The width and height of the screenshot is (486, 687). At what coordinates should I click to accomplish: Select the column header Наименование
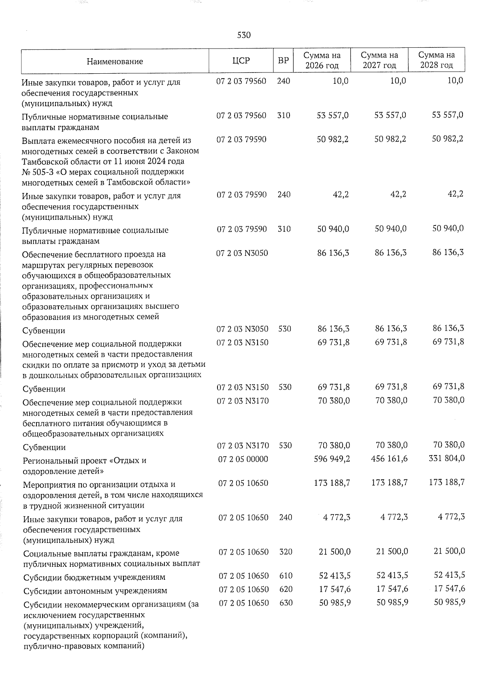click(115, 62)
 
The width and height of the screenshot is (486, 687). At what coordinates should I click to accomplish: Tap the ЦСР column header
click(241, 61)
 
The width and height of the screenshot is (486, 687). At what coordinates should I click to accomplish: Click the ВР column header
click(283, 61)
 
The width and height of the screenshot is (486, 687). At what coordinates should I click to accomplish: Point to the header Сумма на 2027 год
click(379, 60)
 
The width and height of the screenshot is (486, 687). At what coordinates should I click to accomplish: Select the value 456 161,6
click(390, 459)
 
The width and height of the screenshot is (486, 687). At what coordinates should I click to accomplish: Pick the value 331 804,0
click(447, 459)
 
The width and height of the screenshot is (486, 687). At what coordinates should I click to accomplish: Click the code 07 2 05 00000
click(243, 459)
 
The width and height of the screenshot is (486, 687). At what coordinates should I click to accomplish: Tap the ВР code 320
click(285, 552)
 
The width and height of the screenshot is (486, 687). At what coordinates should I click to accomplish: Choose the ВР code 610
click(286, 576)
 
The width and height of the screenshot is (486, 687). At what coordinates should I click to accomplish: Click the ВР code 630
click(286, 603)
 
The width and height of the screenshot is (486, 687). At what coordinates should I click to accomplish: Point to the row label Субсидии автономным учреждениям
click(95, 591)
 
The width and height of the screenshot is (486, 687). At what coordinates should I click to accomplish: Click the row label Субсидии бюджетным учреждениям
click(94, 577)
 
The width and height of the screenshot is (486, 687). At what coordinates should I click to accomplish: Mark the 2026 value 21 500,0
click(335, 552)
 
